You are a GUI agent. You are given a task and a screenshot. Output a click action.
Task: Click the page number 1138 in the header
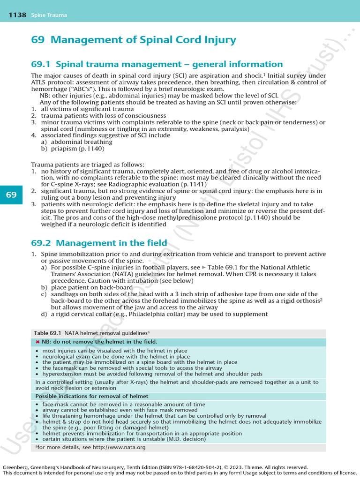coord(17,15)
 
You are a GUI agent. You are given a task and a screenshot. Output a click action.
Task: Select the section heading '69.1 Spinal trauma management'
coord(157,64)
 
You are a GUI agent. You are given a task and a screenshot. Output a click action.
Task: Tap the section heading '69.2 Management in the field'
coord(99,243)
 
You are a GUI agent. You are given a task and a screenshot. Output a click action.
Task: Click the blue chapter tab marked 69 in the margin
coord(11,195)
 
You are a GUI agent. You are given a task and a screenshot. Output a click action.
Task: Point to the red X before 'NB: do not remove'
coord(37,342)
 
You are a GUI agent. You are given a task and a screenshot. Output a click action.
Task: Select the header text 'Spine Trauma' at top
coord(49,15)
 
